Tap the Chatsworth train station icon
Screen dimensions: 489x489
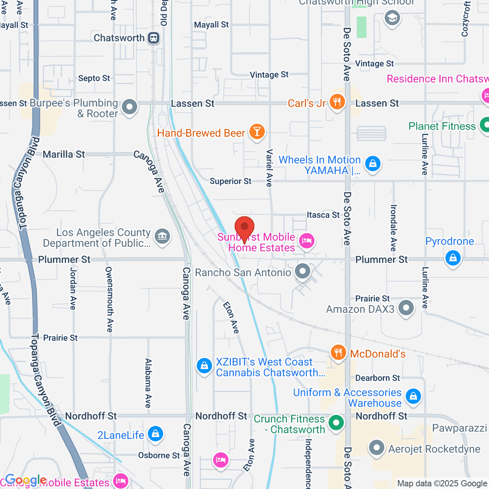pos(154,38)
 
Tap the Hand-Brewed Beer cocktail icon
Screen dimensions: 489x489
pos(257,132)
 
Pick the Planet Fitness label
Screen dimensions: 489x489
pos(442,126)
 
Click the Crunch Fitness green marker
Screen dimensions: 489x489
pos(336,423)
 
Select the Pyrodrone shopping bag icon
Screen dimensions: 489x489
pos(453,258)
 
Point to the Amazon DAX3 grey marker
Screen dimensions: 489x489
pos(406,308)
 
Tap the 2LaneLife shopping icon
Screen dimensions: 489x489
pos(155,434)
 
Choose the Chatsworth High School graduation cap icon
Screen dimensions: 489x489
pos(392,18)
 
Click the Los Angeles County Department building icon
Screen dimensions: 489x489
pos(163,236)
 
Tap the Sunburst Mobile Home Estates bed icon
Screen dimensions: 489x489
pos(306,240)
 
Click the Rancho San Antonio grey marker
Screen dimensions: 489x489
pos(302,271)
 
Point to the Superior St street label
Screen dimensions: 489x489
pos(230,181)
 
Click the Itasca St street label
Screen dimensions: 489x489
pos(323,215)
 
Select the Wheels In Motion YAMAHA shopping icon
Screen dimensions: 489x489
pos(372,164)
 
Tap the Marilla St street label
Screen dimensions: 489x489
pos(64,154)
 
